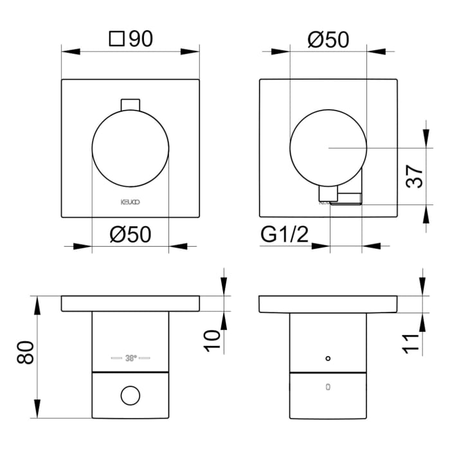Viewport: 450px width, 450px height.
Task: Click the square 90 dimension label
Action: pyautogui.click(x=131, y=39)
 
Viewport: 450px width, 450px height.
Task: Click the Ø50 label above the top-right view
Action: pyautogui.click(x=328, y=39)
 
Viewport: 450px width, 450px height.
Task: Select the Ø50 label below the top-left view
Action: pyautogui.click(x=130, y=235)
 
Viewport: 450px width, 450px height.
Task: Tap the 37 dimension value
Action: pyautogui.click(x=415, y=174)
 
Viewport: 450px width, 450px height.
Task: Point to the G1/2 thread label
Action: pyautogui.click(x=285, y=235)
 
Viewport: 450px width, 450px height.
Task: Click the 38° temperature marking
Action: pyautogui.click(x=130, y=358)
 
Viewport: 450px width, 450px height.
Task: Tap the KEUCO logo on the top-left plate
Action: pyautogui.click(x=130, y=201)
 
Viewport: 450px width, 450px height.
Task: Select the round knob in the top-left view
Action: pyautogui.click(x=130, y=147)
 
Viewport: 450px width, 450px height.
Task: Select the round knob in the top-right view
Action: pyautogui.click(x=328, y=147)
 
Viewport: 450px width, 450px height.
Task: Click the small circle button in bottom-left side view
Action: pyautogui.click(x=130, y=395)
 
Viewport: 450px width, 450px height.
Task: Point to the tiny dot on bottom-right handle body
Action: pyautogui.click(x=328, y=357)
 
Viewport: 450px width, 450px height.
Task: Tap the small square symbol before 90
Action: pyautogui.click(x=116, y=40)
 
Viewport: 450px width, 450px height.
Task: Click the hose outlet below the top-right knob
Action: pyautogui.click(x=341, y=196)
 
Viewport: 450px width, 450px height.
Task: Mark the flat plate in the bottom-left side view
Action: pyautogui.click(x=130, y=303)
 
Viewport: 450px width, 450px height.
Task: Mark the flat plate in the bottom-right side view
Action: pyautogui.click(x=328, y=304)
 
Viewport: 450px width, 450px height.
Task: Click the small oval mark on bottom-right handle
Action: pyautogui.click(x=328, y=387)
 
